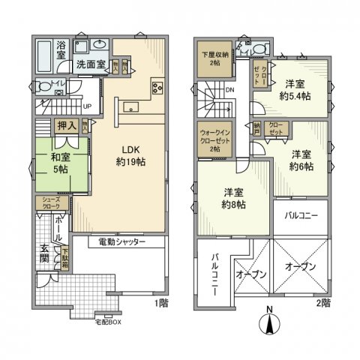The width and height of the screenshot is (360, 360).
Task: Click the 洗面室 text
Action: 90,65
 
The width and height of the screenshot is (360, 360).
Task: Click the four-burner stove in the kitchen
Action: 158,88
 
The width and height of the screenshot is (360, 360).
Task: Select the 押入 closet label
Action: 66,125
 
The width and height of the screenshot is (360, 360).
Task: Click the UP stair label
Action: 87,106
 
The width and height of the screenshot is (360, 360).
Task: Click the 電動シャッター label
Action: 121,242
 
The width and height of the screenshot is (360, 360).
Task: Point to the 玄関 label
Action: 45,256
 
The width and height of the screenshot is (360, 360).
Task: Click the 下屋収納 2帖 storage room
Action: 215,58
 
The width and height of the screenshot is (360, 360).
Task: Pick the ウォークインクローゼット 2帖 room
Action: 215,139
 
